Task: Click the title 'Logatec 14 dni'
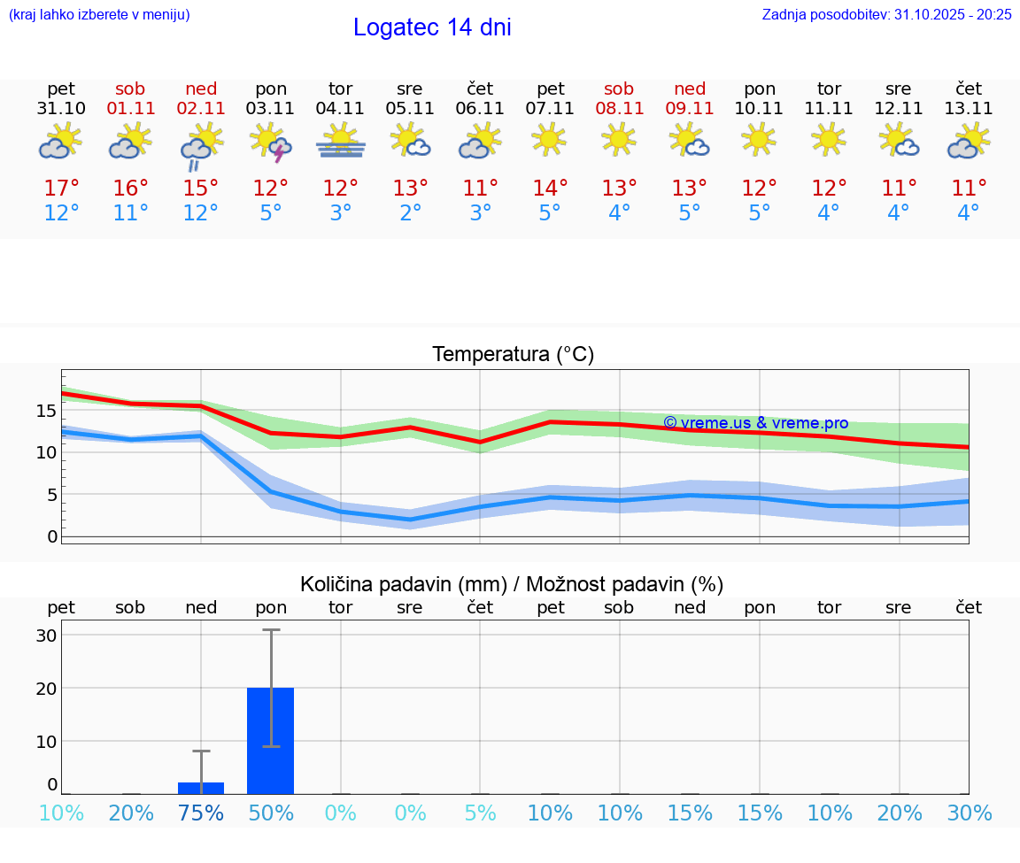(432, 27)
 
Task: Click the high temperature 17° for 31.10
(61, 189)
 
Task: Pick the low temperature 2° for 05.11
(410, 213)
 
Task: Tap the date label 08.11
(619, 109)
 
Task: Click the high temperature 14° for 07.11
(550, 189)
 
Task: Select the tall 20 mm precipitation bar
(270, 740)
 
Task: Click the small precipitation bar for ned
(201, 788)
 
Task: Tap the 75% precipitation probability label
(201, 813)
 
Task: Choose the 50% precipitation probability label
(271, 813)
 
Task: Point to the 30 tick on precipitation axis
(46, 636)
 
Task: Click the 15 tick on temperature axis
(46, 411)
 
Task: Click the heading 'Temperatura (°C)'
(513, 355)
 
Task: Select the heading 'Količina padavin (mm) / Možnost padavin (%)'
(512, 584)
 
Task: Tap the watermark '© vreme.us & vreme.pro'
(755, 423)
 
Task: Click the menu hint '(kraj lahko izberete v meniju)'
(99, 14)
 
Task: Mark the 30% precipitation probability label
(969, 813)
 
